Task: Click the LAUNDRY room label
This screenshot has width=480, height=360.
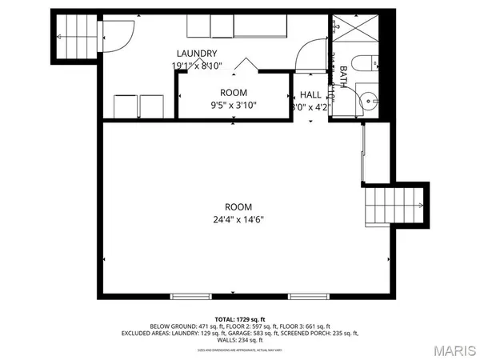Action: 194,54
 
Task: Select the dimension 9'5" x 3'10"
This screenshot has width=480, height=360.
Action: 233,104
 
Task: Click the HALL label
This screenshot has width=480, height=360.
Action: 311,94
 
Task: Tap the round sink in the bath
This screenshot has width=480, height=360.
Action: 368,102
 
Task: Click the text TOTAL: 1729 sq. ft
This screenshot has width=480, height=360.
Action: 239,318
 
